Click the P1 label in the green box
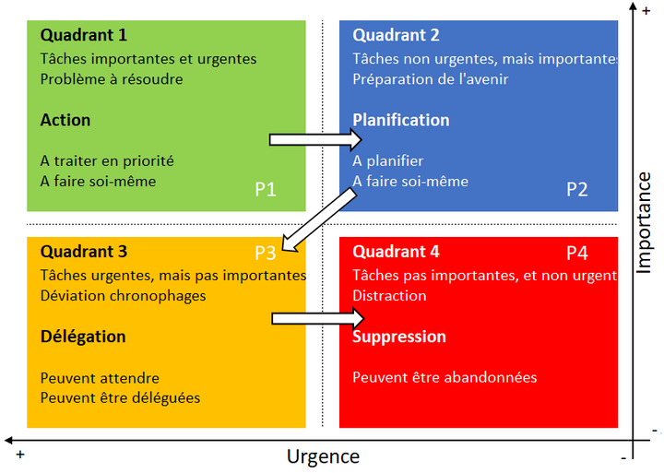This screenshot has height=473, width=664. click(x=266, y=190)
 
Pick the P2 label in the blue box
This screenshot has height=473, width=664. click(x=577, y=190)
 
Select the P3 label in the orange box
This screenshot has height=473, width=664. click(x=266, y=253)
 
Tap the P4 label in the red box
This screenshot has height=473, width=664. click(x=577, y=253)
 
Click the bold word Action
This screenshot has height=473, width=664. click(x=65, y=121)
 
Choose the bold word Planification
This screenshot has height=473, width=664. click(x=401, y=121)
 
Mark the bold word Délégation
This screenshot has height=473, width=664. click(x=83, y=337)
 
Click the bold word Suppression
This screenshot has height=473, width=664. click(x=399, y=337)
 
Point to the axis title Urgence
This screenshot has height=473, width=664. click(x=323, y=456)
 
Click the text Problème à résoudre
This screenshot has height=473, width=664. click(x=112, y=79)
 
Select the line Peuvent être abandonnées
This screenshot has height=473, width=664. click(x=445, y=378)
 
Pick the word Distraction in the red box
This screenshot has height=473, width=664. click(x=389, y=296)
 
